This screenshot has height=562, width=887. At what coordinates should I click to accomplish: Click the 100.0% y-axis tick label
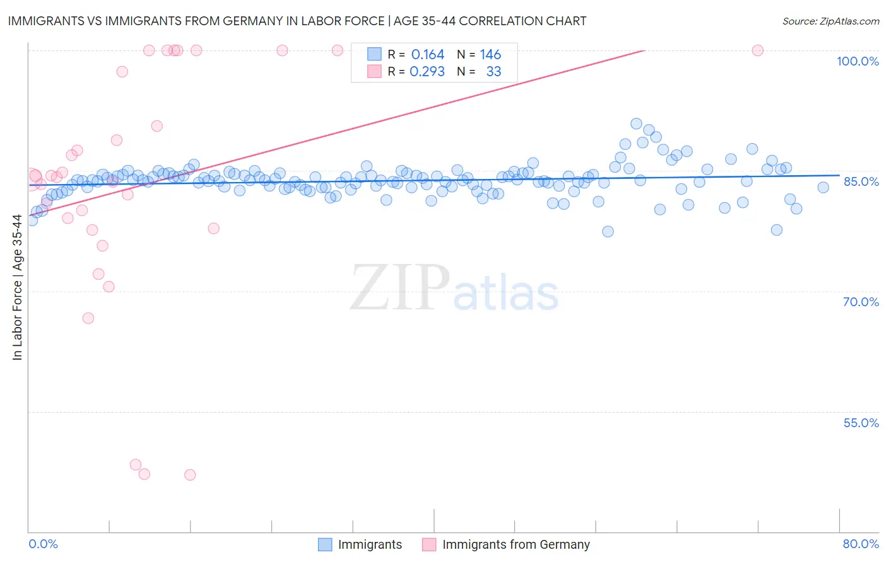(857, 61)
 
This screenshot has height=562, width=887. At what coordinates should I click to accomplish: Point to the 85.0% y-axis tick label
(861, 181)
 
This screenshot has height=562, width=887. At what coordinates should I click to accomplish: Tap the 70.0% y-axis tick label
(861, 302)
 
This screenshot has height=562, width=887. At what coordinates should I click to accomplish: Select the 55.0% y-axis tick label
(861, 423)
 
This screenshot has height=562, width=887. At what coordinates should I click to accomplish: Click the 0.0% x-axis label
(43, 544)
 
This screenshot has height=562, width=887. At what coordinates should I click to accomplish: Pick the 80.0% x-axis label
(861, 544)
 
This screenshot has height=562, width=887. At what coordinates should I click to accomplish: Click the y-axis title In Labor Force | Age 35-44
(17, 287)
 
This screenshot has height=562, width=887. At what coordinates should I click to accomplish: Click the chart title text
(297, 21)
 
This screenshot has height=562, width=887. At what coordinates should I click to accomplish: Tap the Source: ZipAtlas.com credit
(830, 21)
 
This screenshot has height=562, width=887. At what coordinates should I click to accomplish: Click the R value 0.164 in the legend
(427, 55)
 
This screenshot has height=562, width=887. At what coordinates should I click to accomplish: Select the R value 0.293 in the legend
(427, 72)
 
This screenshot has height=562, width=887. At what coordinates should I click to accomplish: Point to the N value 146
(490, 55)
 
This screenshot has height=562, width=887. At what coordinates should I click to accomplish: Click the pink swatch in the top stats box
(374, 72)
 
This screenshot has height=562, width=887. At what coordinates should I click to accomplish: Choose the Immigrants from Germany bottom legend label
(516, 544)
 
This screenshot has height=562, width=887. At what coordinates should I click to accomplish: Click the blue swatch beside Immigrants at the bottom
(325, 544)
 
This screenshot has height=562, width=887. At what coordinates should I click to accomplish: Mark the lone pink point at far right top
(758, 50)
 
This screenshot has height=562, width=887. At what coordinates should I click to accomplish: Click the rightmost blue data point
(823, 187)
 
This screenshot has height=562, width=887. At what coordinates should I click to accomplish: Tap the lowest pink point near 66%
(88, 318)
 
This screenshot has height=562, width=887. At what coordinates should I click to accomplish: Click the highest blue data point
(637, 124)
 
